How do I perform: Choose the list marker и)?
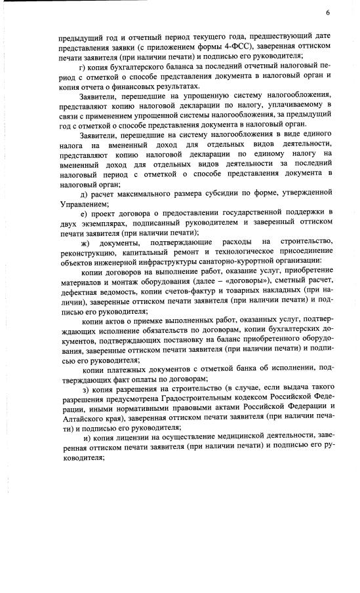tap(87, 436)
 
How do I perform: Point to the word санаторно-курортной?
tap(232, 262)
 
